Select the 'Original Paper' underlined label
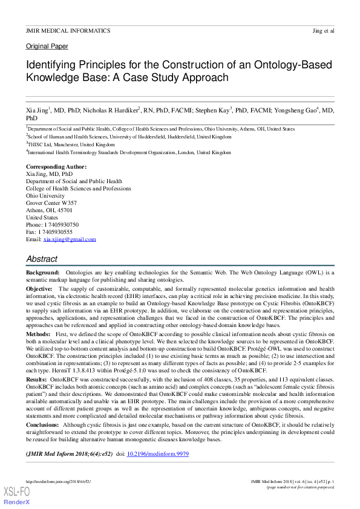pyautogui.click(x=47, y=47)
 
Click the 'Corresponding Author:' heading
pyautogui.click(x=56, y=166)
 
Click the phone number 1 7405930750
pyautogui.click(x=61, y=224)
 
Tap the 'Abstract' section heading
pyautogui.click(x=42, y=259)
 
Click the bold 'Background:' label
pyautogui.click(x=42, y=273)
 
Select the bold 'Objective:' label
pyautogui.click(x=39, y=290)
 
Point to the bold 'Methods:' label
pyautogui.click(x=38, y=333)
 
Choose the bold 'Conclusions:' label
pyautogui.click(x=44, y=425)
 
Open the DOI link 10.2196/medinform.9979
pyautogui.click(x=157, y=453)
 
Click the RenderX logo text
pyautogui.click(x=18, y=502)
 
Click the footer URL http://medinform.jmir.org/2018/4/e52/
pyautogui.click(x=58, y=481)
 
